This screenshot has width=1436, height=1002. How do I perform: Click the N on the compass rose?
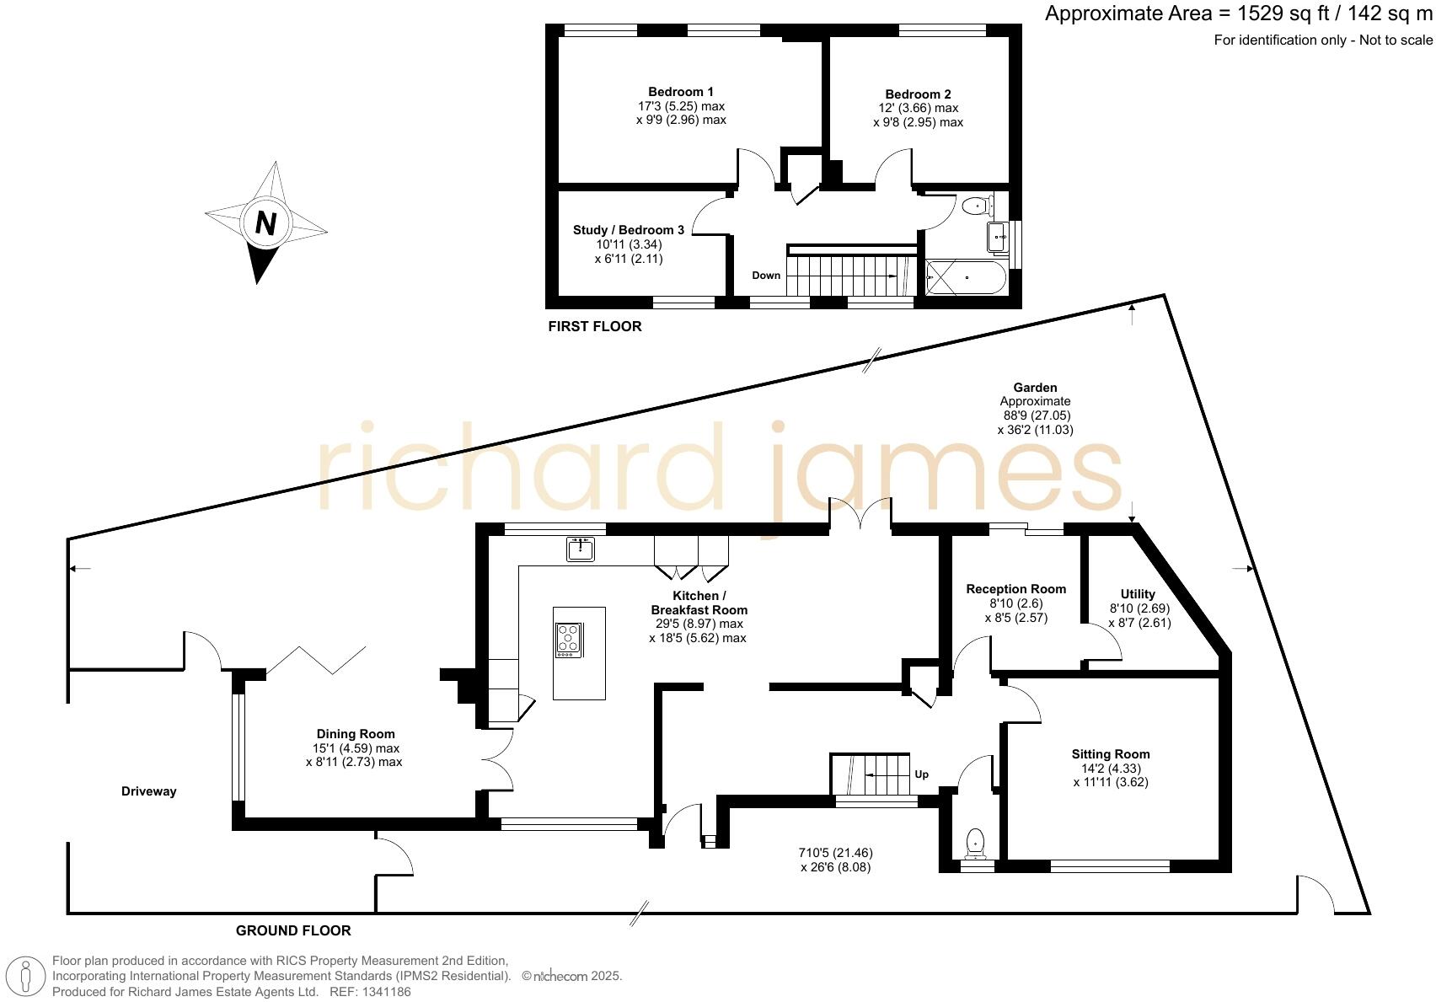pyautogui.click(x=265, y=223)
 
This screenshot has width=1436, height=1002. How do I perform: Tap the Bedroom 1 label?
pyautogui.click(x=681, y=92)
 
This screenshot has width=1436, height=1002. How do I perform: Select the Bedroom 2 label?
pyautogui.click(x=918, y=94)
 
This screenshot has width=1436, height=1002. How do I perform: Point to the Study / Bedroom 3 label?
pyautogui.click(x=629, y=230)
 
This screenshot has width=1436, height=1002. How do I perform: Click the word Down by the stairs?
pyautogui.click(x=766, y=276)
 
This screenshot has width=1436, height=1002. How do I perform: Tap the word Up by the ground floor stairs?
pyautogui.click(x=922, y=774)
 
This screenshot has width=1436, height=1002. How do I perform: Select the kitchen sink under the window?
pyautogui.click(x=581, y=549)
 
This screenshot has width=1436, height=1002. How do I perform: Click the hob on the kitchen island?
pyautogui.click(x=569, y=640)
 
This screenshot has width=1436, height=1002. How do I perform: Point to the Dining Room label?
pyautogui.click(x=356, y=734)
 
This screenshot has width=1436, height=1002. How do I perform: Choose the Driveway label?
pyautogui.click(x=149, y=791)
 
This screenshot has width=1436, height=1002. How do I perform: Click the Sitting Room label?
pyautogui.click(x=1111, y=754)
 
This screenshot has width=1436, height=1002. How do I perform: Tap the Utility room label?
pyautogui.click(x=1138, y=594)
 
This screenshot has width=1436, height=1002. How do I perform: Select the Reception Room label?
pyautogui.click(x=1016, y=589)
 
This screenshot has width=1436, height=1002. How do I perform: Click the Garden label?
pyautogui.click(x=1035, y=388)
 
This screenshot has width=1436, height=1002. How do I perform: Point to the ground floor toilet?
pyautogui.click(x=976, y=843)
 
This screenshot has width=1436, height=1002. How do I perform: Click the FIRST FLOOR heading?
pyautogui.click(x=595, y=327)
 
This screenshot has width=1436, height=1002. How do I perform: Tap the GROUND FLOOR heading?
pyautogui.click(x=293, y=931)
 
